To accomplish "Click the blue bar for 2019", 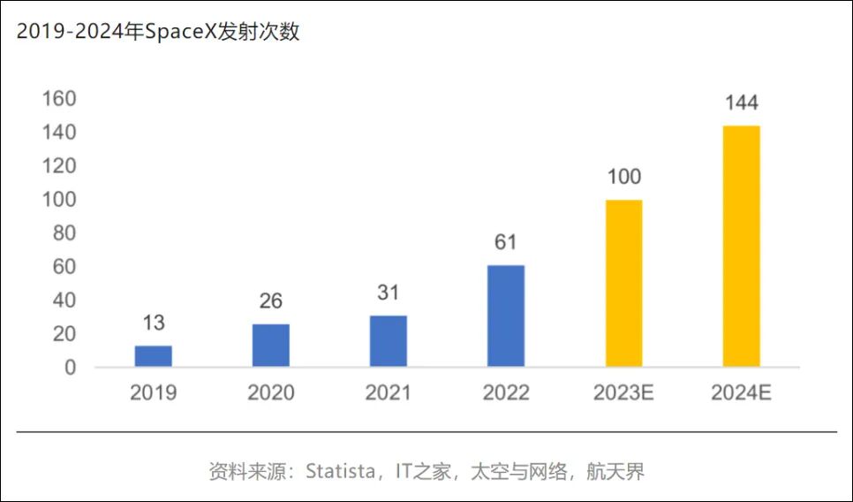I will (x=153, y=356).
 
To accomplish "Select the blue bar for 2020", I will (x=270, y=346).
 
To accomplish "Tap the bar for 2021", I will (x=388, y=341).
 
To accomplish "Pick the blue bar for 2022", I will (x=505, y=316).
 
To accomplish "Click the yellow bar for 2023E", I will (x=623, y=283).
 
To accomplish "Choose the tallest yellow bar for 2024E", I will (x=741, y=246).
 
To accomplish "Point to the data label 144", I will (x=741, y=103).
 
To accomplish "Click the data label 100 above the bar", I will (x=623, y=178).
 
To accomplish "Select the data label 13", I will (x=153, y=323).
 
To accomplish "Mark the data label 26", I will (x=270, y=301).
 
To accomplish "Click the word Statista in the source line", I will (x=340, y=471).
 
